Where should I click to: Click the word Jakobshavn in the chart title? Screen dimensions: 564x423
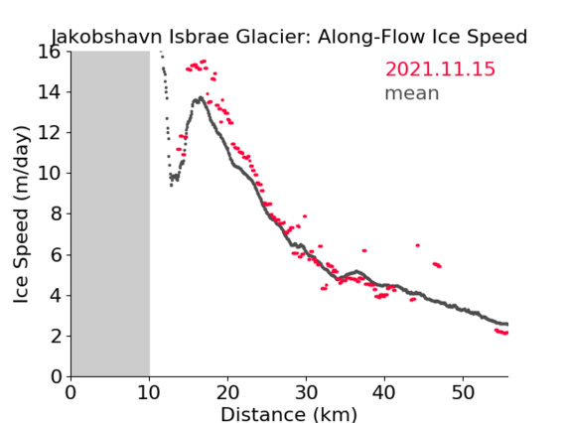tap(106, 37)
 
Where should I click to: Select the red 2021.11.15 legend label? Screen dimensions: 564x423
tap(440, 70)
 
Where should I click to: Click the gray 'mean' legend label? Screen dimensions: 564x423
tap(412, 93)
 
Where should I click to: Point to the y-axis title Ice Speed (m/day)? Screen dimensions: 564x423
tap(21, 214)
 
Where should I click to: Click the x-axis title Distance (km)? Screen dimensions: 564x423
tap(289, 414)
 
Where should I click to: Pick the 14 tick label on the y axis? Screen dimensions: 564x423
tap(50, 92)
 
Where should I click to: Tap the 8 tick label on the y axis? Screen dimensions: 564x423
tap(56, 214)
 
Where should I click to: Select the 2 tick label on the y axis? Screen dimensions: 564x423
tap(56, 337)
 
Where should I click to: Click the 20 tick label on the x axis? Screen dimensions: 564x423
tap(227, 392)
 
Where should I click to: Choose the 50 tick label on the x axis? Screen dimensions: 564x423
tap(463, 392)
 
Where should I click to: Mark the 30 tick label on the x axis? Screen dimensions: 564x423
tap(306, 392)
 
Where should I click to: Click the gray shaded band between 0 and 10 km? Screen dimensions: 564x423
tap(110, 213)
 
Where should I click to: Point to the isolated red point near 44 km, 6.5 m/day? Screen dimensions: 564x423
tap(418, 245)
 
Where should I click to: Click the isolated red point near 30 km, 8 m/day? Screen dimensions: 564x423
tap(305, 216)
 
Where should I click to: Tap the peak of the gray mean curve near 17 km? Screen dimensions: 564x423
tap(201, 97)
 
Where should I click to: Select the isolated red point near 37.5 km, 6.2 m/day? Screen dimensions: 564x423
tap(364, 250)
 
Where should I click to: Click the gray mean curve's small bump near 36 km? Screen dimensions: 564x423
tap(356, 271)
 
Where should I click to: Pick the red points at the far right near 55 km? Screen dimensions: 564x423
tap(501, 332)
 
